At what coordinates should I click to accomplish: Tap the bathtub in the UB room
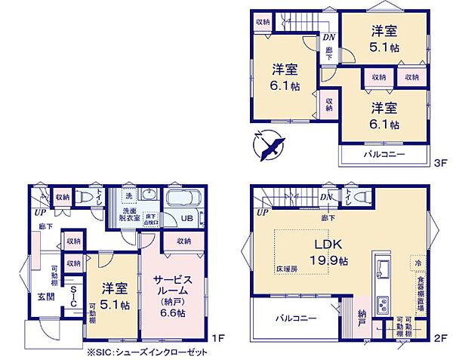click(181, 201)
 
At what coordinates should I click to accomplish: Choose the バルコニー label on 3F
click(384, 154)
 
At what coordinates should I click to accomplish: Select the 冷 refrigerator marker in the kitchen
click(416, 262)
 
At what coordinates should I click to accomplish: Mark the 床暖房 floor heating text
click(285, 268)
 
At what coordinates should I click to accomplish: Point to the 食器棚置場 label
click(419, 297)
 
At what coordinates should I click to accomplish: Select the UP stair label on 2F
click(261, 214)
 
